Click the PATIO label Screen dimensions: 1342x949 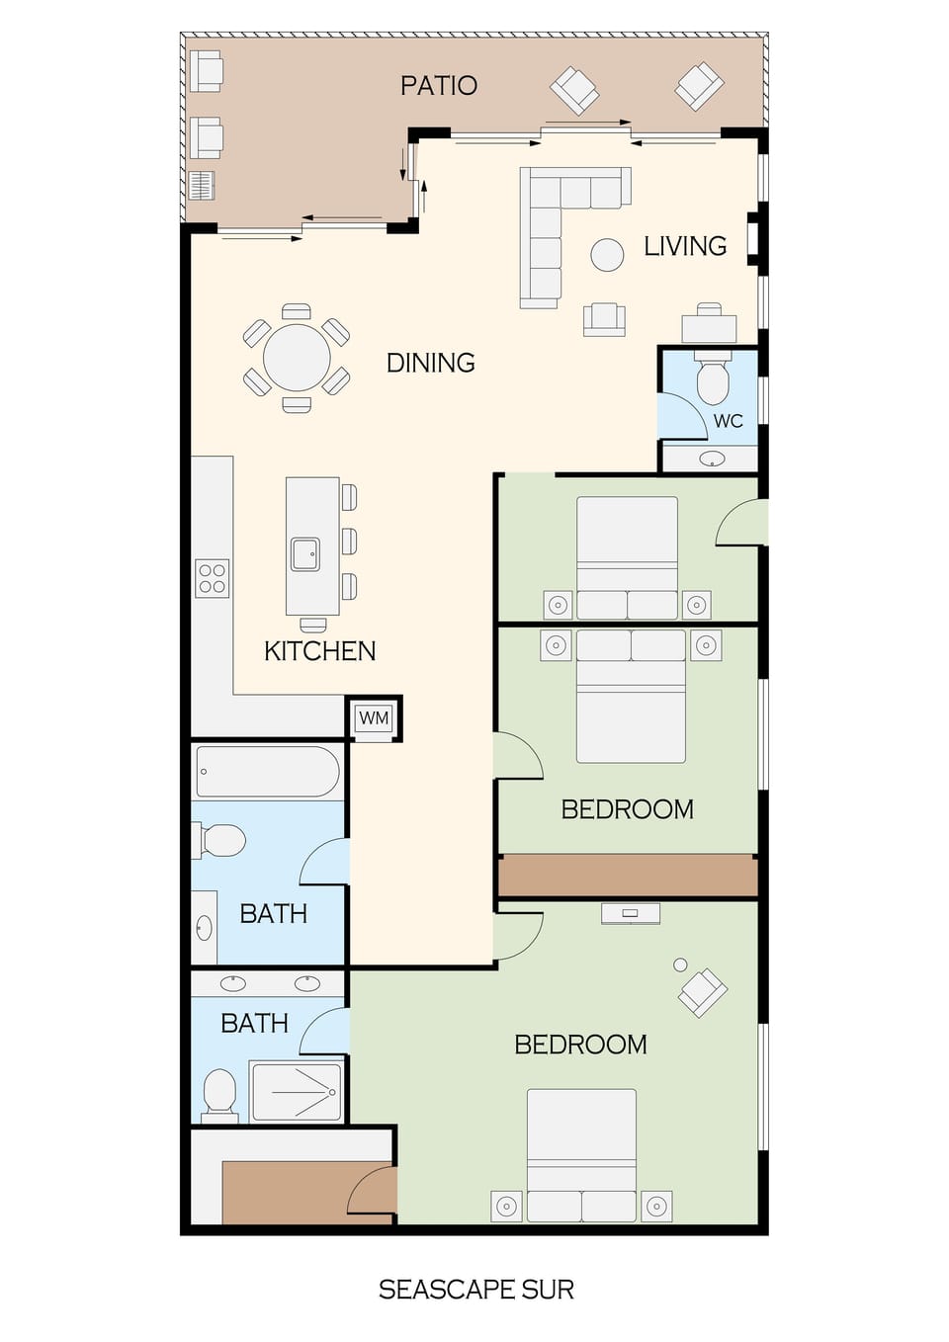(438, 86)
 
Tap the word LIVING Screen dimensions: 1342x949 (685, 246)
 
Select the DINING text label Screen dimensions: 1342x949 (430, 363)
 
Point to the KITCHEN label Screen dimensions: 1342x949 (319, 651)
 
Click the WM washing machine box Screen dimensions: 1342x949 (374, 718)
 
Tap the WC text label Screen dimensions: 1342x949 (729, 421)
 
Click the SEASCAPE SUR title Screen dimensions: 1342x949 (475, 1290)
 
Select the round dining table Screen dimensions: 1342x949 (297, 358)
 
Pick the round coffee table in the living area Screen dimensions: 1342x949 (607, 255)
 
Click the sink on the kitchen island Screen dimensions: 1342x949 (304, 554)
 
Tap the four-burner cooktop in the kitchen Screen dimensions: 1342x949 (213, 579)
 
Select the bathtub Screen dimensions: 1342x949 (268, 772)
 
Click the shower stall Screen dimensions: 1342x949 (297, 1092)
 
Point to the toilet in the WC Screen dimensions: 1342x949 (712, 381)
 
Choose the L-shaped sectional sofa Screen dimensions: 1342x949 (554, 222)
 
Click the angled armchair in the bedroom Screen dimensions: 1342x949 (703, 992)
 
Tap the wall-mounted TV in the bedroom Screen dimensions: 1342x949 (630, 914)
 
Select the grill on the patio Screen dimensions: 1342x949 (201, 185)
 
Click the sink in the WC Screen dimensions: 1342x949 (712, 459)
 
